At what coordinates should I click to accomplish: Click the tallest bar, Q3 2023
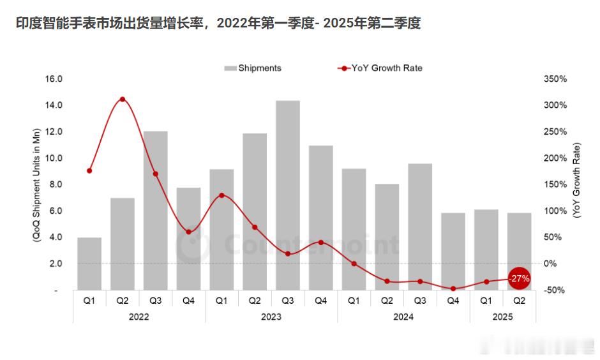[288, 195]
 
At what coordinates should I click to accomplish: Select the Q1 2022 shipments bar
[89, 264]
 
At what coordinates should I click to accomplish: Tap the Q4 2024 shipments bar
[453, 251]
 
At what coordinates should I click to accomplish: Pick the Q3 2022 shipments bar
[155, 210]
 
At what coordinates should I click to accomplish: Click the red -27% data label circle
[520, 278]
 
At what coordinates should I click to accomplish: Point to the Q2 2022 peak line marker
[122, 99]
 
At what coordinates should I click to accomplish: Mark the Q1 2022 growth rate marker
[89, 170]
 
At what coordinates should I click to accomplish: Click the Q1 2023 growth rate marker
[221, 195]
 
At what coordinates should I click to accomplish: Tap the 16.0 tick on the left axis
[53, 79]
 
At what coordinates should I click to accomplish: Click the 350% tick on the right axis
[555, 79]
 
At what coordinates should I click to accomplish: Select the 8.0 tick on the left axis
[55, 184]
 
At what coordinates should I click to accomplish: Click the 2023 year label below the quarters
[271, 317]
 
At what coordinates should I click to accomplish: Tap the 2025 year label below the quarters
[503, 317]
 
